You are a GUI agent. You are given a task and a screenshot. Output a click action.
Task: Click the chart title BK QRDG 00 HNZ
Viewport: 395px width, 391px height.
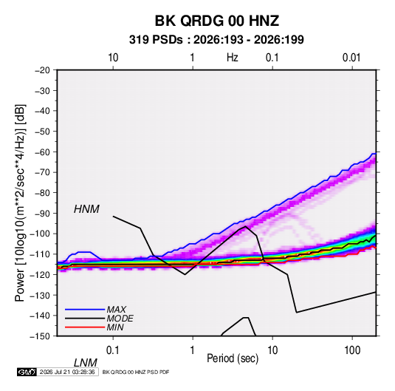[216, 21]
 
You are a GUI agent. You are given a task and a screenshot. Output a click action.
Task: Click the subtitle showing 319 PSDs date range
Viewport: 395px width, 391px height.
[216, 40]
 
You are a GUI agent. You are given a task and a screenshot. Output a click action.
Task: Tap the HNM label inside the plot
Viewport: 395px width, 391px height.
[86, 209]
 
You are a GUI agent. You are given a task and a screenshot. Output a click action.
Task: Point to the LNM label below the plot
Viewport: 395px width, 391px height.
[85, 363]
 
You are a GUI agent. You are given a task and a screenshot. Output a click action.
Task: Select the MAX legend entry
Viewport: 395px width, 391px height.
[116, 309]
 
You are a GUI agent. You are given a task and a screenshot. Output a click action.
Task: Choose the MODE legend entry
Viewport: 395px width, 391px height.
[120, 319]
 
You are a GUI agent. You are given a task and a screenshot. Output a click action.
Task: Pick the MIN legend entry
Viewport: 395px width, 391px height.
[115, 327]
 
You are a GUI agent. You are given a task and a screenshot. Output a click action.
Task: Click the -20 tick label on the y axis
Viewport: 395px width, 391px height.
[42, 70]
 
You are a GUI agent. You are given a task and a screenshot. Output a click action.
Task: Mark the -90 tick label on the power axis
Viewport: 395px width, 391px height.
[42, 213]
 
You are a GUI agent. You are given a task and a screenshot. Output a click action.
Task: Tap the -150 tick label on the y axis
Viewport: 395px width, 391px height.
[40, 336]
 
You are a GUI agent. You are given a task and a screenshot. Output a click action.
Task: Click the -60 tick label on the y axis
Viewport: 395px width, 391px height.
[42, 152]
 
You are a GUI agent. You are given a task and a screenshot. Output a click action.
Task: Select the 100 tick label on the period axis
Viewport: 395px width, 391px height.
[352, 350]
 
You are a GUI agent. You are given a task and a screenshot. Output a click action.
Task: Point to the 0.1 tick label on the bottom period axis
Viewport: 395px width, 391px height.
[113, 350]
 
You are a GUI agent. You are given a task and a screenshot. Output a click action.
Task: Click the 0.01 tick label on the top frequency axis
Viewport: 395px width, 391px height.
[351, 58]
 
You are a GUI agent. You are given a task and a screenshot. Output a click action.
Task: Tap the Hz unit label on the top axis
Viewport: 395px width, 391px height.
[233, 58]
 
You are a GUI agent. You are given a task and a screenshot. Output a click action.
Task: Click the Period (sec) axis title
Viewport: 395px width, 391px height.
[233, 358]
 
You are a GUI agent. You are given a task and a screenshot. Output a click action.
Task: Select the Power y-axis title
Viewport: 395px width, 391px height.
[20, 203]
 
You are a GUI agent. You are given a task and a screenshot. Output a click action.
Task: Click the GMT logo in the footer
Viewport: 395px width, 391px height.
[27, 372]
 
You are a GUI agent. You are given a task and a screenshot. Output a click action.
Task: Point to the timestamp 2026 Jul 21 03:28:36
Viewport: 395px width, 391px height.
[67, 372]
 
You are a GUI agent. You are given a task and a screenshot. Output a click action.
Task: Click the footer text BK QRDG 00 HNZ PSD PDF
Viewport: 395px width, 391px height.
[136, 372]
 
